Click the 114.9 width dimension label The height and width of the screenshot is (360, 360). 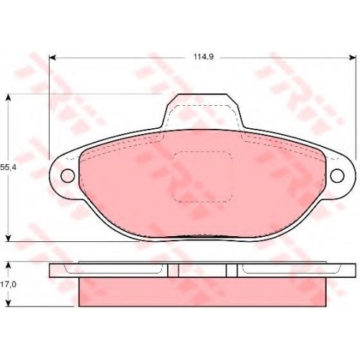point(204,57)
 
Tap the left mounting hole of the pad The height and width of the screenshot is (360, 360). point(68,176)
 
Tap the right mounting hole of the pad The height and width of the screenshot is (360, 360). point(337,176)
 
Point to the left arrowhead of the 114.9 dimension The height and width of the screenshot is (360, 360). point(53,58)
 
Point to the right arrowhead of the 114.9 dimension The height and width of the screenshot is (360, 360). point(352,58)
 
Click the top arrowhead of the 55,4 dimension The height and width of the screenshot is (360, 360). point(8,97)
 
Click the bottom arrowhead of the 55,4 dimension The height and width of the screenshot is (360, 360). point(8,238)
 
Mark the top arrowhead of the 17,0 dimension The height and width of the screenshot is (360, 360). point(8,266)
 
